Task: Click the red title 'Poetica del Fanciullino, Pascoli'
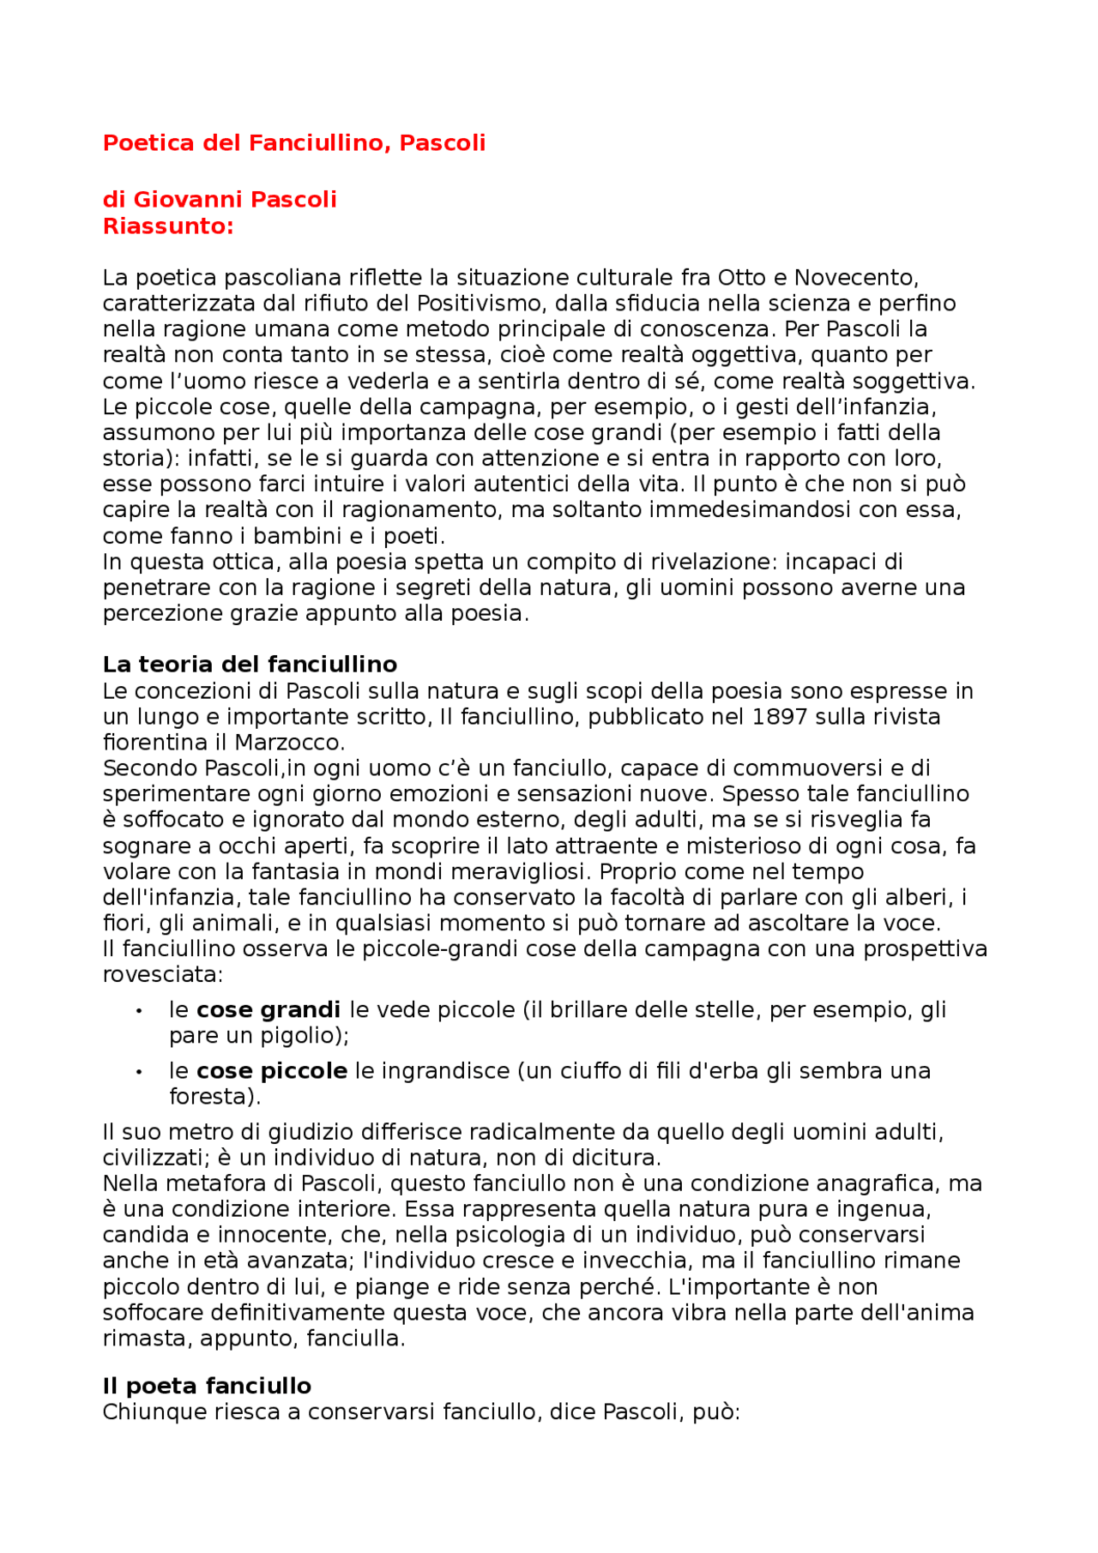pos(293,143)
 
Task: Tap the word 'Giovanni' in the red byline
pos(177,200)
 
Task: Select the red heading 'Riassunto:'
pos(168,226)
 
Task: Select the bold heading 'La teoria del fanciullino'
pos(250,665)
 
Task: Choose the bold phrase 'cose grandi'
pos(268,1010)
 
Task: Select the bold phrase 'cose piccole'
pos(272,1071)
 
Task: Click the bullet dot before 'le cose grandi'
pos(138,1011)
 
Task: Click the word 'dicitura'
pos(609,1159)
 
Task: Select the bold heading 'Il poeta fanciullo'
pos(207,1387)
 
